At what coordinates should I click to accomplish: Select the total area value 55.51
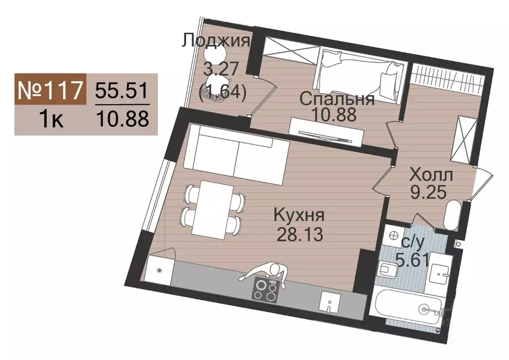tap(122, 90)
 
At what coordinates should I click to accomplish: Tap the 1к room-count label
tap(50, 120)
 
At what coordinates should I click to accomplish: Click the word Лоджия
tap(215, 40)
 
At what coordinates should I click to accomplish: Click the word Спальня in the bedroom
tap(337, 99)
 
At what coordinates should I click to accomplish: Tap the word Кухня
tap(299, 216)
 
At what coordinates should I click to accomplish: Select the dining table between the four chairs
tap(211, 208)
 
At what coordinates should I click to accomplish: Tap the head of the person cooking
tap(275, 270)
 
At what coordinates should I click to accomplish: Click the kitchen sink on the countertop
tap(328, 301)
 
